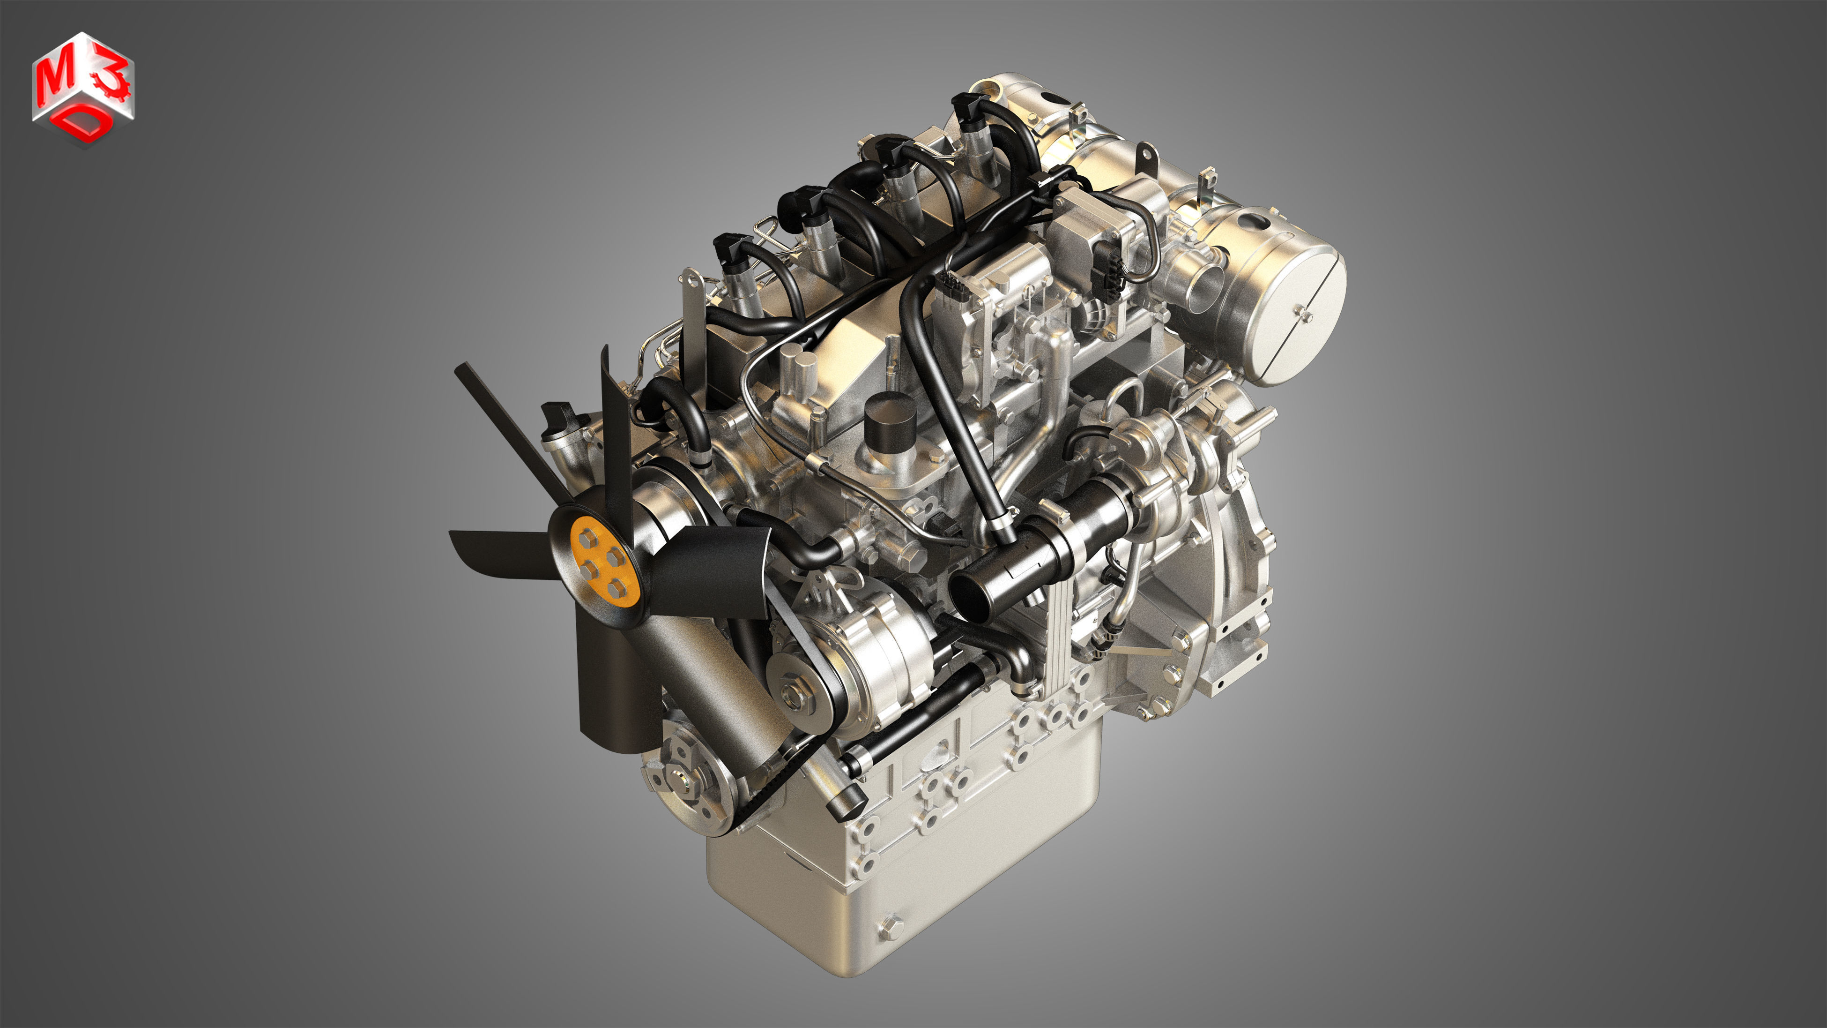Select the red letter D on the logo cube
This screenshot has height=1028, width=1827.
[86, 125]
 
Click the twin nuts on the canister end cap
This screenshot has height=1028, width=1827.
[1304, 314]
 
